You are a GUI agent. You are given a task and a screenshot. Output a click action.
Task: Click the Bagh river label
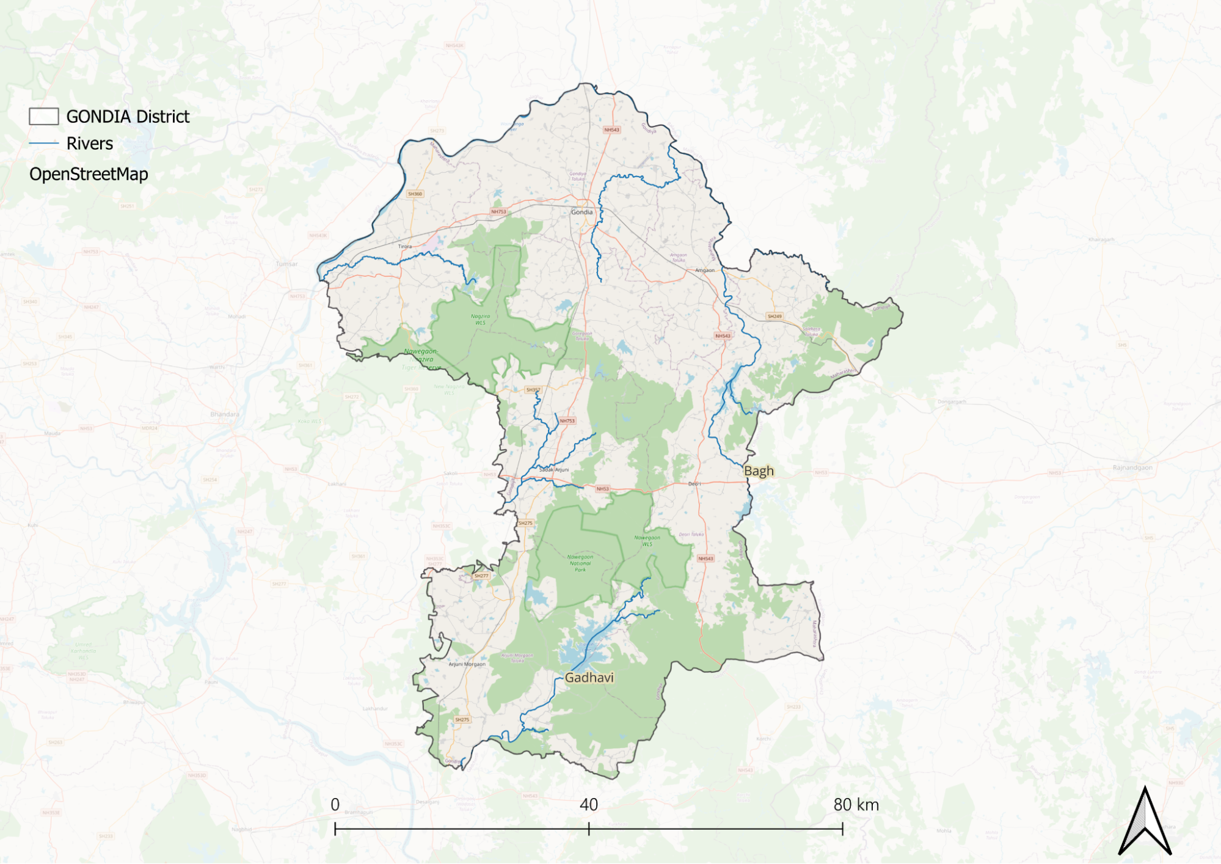(x=759, y=471)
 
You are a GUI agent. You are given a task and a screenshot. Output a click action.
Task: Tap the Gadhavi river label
(x=589, y=678)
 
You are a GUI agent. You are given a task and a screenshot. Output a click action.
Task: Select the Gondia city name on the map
(x=581, y=212)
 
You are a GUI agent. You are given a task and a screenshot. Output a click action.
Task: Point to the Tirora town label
(x=405, y=246)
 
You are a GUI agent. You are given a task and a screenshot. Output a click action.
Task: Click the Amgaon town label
(x=705, y=270)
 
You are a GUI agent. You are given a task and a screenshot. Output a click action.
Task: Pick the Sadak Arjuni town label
(x=554, y=470)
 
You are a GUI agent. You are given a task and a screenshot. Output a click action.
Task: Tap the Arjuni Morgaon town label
(x=467, y=664)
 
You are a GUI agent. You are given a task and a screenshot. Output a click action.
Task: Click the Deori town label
(x=694, y=484)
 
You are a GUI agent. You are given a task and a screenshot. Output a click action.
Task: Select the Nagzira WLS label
(x=481, y=320)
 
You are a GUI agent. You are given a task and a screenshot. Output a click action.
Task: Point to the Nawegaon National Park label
(x=580, y=563)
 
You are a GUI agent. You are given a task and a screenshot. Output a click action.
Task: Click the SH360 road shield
(x=415, y=194)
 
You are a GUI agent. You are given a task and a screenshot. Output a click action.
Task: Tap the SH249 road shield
(x=775, y=317)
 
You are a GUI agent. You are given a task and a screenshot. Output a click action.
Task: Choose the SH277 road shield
(x=481, y=576)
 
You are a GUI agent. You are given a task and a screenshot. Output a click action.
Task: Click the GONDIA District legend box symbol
(x=44, y=117)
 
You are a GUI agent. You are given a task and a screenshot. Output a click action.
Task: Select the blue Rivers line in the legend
(x=44, y=144)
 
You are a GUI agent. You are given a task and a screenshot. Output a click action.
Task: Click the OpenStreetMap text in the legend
(x=89, y=174)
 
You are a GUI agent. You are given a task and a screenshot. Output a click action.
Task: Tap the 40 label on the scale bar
(x=589, y=805)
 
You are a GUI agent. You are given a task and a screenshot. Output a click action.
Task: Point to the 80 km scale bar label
(x=856, y=805)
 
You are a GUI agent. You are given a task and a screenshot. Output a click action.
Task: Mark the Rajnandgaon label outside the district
(x=1132, y=467)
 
